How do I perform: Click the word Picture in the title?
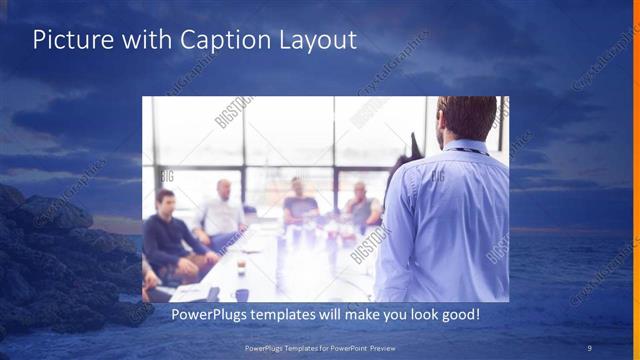(71, 40)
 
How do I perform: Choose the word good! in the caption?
(457, 314)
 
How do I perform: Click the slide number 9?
(590, 347)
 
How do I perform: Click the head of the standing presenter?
(466, 118)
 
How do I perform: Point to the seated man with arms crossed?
(361, 205)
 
